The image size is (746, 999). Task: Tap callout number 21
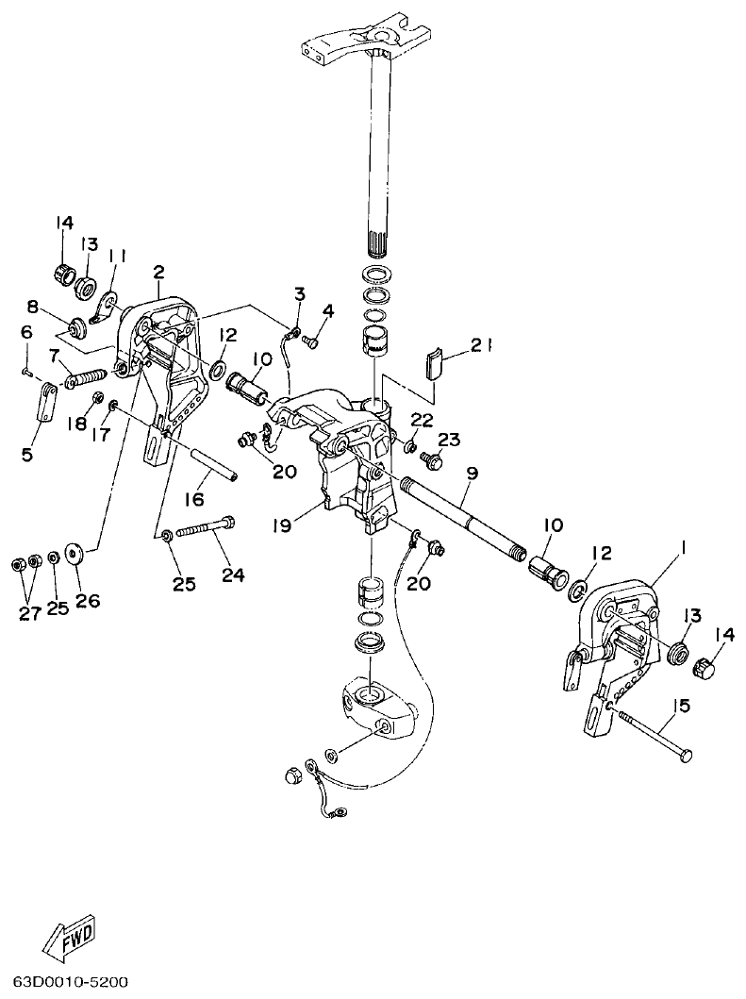(483, 346)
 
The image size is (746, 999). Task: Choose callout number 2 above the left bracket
(158, 273)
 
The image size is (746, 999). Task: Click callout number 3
(299, 293)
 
